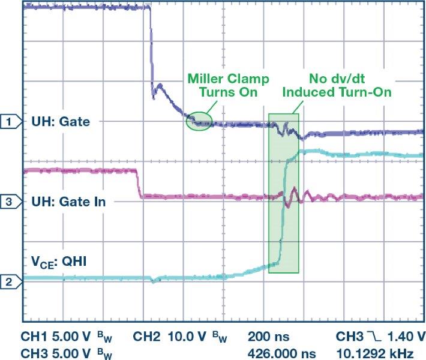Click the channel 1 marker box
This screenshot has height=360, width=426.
pyautogui.click(x=9, y=122)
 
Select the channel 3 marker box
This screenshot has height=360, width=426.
pyautogui.click(x=9, y=202)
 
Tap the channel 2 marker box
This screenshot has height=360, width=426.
pyautogui.click(x=9, y=280)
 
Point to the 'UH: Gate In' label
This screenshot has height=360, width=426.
pyautogui.click(x=68, y=202)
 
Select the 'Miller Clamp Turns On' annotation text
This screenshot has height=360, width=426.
pyautogui.click(x=228, y=86)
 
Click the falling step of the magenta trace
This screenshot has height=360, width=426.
pyautogui.click(x=139, y=184)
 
